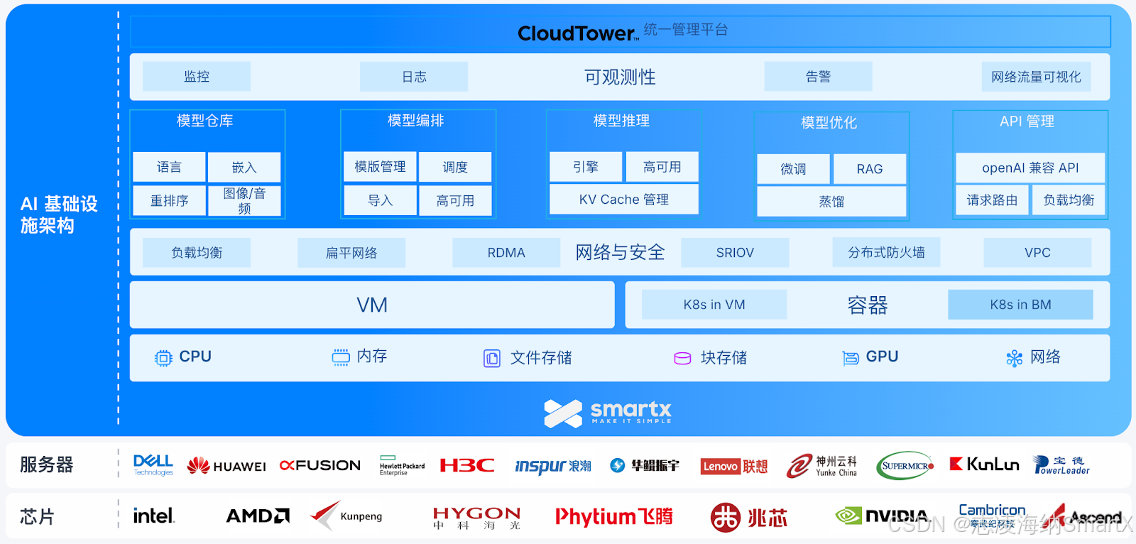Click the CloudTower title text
[577, 33]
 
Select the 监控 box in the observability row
[197, 76]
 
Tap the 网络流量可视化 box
[1036, 77]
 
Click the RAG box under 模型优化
[869, 169]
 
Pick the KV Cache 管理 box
[623, 200]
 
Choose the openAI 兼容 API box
[1029, 168]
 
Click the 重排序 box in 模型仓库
[169, 201]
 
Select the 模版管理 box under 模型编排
[380, 167]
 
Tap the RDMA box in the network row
[506, 253]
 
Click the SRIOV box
[735, 253]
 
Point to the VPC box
[1037, 253]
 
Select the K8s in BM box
[1020, 305]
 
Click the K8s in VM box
[714, 305]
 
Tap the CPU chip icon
[163, 358]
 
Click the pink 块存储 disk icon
[682, 359]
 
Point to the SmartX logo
[607, 413]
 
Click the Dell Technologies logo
[153, 465]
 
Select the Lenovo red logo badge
[721, 467]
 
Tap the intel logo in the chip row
[153, 516]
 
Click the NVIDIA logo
[882, 516]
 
